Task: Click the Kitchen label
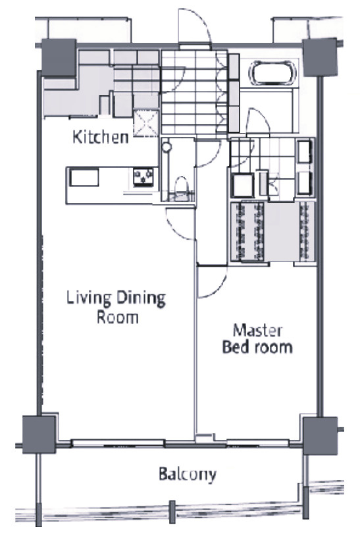tap(101, 137)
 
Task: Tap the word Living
tap(89, 299)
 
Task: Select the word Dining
tap(140, 299)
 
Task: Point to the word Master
tap(257, 331)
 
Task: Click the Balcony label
tap(188, 474)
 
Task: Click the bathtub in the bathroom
tap(273, 72)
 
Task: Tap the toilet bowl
tap(181, 186)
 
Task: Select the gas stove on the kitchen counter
tap(143, 177)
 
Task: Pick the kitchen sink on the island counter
tap(84, 177)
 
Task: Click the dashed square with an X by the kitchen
tap(146, 122)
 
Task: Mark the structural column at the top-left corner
tap(59, 57)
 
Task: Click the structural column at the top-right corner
tap(320, 57)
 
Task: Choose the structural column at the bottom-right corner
tap(320, 435)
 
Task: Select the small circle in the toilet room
tap(167, 147)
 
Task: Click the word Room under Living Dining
tap(118, 317)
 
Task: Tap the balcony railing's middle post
tap(172, 512)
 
